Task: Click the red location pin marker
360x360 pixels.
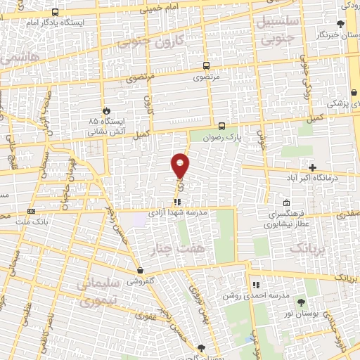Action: click(x=180, y=165)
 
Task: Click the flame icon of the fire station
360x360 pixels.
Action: click(x=106, y=110)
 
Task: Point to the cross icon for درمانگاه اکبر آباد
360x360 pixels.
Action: click(x=312, y=167)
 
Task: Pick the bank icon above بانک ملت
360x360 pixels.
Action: click(x=31, y=211)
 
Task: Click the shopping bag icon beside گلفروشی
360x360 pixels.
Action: click(x=141, y=270)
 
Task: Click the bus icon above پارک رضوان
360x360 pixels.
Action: click(x=222, y=127)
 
